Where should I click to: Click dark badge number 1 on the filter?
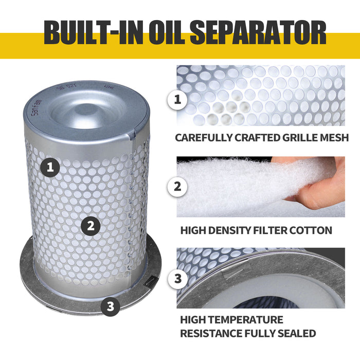pos(50,167)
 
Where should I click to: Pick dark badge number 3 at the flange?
pos(110,307)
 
